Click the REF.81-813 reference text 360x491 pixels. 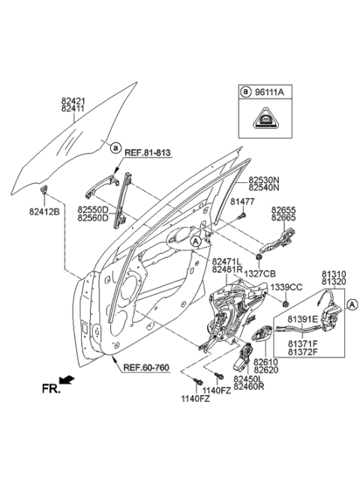[147, 153]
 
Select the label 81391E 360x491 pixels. [302, 319]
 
